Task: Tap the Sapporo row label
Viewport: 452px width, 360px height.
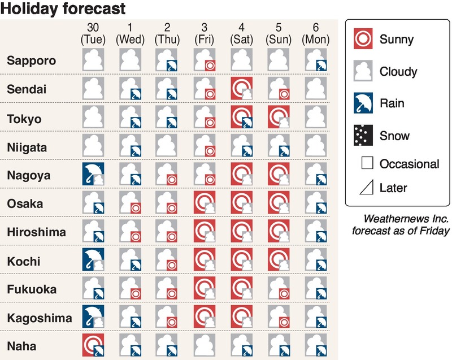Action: point(32,60)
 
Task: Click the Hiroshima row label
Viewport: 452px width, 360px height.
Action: point(37,232)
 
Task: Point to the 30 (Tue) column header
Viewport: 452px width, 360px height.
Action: point(94,34)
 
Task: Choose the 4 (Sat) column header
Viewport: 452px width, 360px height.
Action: point(241,34)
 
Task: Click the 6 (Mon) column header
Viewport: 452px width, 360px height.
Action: point(315,34)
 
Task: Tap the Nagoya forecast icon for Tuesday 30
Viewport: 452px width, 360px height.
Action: point(94,175)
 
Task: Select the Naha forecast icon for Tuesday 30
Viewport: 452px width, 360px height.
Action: point(94,346)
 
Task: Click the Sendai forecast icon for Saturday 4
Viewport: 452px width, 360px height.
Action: point(241,89)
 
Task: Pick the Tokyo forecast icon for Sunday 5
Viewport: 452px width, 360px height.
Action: point(279,118)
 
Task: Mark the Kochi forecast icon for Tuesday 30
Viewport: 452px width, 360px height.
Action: point(94,260)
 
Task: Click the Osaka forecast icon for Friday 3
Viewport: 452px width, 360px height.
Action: point(205,203)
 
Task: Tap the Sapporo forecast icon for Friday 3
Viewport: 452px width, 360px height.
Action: point(205,60)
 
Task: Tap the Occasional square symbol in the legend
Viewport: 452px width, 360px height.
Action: point(367,164)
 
